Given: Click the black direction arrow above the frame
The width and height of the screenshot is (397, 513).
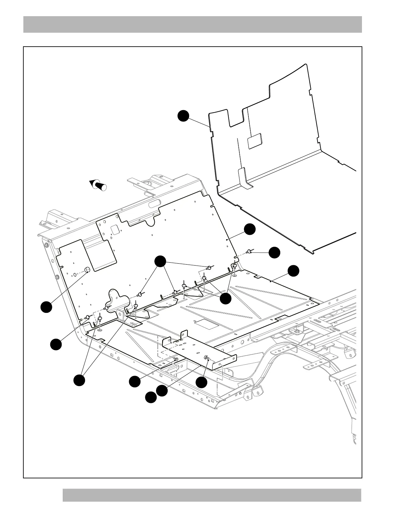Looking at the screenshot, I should pyautogui.click(x=98, y=185).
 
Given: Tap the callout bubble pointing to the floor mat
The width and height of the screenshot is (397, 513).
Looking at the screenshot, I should pyautogui.click(x=184, y=116).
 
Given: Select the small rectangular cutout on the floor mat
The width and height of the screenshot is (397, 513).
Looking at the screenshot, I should pyautogui.click(x=255, y=141).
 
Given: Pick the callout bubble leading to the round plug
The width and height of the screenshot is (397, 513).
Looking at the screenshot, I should pyautogui.click(x=46, y=307).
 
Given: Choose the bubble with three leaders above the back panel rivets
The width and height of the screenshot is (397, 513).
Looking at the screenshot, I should pyautogui.click(x=160, y=261).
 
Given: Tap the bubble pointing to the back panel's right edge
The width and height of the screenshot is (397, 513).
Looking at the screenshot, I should pyautogui.click(x=250, y=229).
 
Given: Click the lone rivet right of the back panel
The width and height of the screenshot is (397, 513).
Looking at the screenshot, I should pyautogui.click(x=250, y=251).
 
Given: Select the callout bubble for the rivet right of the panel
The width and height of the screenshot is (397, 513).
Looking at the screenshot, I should pyautogui.click(x=274, y=253).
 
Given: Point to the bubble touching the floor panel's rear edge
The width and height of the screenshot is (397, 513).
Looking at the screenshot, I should pyautogui.click(x=294, y=271).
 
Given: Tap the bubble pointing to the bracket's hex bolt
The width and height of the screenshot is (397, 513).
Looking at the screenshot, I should pyautogui.click(x=201, y=383).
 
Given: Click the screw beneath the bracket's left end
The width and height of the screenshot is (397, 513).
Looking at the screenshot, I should pyautogui.click(x=176, y=359).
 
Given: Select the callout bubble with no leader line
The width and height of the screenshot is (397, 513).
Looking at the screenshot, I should pyautogui.click(x=150, y=397).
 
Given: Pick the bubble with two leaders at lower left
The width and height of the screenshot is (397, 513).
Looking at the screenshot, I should pyautogui.click(x=79, y=380).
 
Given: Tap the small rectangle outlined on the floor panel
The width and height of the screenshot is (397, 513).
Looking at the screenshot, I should pyautogui.click(x=203, y=324).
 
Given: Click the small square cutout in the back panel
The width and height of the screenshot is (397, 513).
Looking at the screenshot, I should pyautogui.click(x=115, y=230).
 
